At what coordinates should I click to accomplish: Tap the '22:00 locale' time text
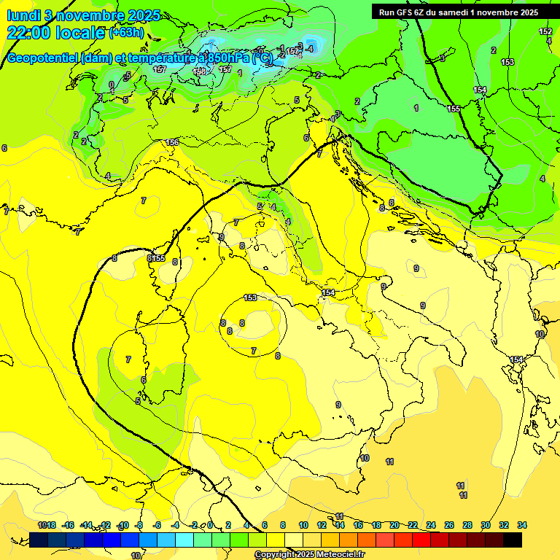(56, 33)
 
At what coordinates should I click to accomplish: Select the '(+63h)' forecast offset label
(126, 33)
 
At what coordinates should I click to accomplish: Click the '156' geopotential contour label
(172, 142)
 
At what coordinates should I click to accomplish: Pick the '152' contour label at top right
(545, 31)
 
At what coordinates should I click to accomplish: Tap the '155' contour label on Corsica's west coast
(158, 258)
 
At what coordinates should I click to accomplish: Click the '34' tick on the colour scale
(522, 525)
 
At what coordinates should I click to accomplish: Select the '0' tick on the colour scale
(210, 525)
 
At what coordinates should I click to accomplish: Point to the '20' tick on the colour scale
(394, 525)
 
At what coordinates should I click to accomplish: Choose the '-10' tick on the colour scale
(122, 525)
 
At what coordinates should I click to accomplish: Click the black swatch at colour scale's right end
(513, 540)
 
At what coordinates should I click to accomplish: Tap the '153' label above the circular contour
(250, 297)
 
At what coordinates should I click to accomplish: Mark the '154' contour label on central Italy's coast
(328, 292)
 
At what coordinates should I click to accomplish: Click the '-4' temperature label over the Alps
(310, 48)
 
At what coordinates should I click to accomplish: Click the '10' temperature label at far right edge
(540, 334)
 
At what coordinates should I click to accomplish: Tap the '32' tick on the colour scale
(504, 525)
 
